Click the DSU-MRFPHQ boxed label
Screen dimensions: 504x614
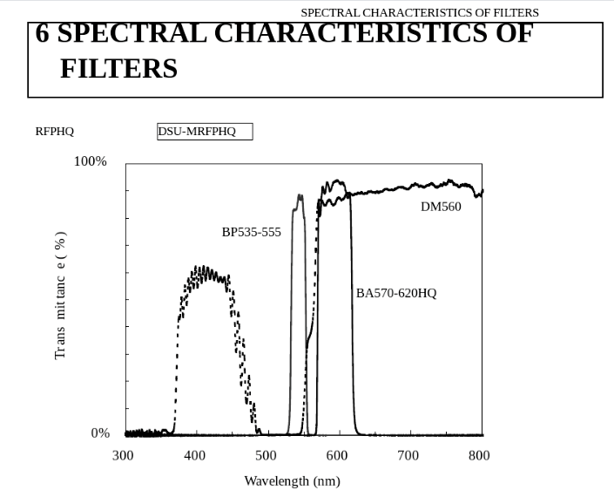[205, 132]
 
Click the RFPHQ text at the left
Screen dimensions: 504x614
[55, 132]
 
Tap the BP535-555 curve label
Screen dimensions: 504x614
[252, 232]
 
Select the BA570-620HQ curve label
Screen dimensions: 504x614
[396, 293]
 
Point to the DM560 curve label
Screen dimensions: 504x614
[441, 207]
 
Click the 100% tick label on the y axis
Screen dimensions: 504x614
[90, 161]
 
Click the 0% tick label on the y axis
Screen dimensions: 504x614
[100, 433]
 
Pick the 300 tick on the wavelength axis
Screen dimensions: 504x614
[123, 455]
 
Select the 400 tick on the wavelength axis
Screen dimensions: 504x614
[194, 455]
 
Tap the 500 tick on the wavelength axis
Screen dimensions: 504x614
[266, 455]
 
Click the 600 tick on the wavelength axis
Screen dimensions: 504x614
[337, 455]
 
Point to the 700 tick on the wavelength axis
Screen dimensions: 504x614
[408, 455]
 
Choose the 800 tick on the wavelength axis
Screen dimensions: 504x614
[479, 455]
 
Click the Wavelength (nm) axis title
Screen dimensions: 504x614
[292, 480]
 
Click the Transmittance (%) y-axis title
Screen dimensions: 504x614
[61, 295]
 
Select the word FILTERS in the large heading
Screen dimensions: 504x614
[118, 69]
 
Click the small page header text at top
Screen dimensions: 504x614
[420, 12]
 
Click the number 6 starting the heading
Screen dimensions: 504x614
[42, 33]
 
